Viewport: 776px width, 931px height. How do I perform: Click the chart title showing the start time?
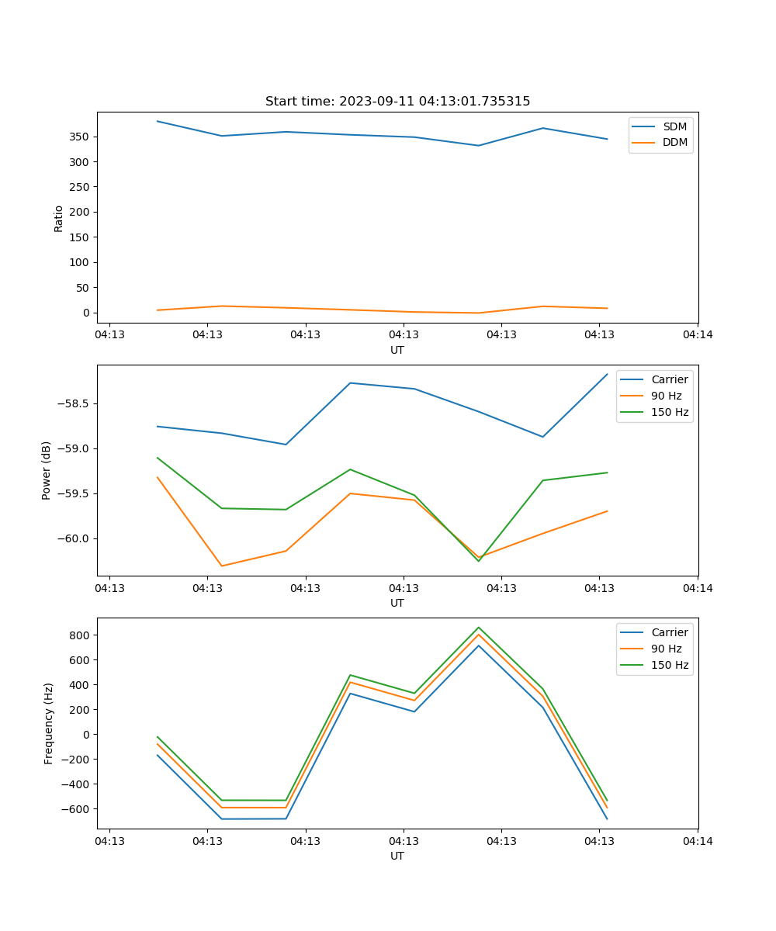click(397, 102)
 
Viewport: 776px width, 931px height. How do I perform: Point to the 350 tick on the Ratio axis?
click(80, 137)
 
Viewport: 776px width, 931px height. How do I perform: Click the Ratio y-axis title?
click(59, 218)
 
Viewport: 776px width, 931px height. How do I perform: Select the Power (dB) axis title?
click(47, 470)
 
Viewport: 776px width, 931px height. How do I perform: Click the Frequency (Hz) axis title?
click(49, 723)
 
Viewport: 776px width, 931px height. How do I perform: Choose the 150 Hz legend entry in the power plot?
click(669, 412)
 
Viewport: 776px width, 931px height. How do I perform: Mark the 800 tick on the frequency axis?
click(80, 635)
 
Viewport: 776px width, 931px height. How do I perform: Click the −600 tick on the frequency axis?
click(77, 808)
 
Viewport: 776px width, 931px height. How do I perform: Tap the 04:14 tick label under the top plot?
click(697, 335)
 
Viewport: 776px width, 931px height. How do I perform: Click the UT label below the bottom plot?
click(397, 856)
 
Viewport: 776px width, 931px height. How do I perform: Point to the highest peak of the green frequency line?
click(479, 628)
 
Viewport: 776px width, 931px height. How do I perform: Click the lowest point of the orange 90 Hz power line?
click(222, 566)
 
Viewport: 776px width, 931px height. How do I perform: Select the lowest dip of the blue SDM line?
click(478, 145)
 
